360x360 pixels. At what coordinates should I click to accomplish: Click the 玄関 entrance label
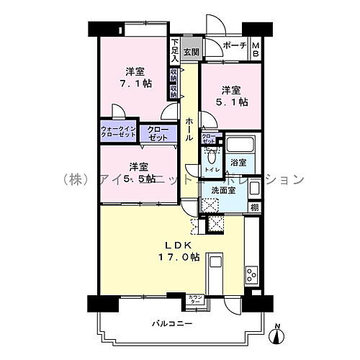point(190,51)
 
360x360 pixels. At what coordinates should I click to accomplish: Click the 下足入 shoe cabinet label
point(175,50)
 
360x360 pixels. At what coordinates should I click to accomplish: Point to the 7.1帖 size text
point(136,84)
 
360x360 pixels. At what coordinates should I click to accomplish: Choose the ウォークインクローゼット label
point(118,133)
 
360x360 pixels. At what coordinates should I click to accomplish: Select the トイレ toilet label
point(212,170)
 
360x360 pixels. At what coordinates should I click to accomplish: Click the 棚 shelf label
point(254,207)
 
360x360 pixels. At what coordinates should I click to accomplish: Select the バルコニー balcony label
point(171,323)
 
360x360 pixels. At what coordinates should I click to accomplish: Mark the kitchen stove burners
point(251,274)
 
